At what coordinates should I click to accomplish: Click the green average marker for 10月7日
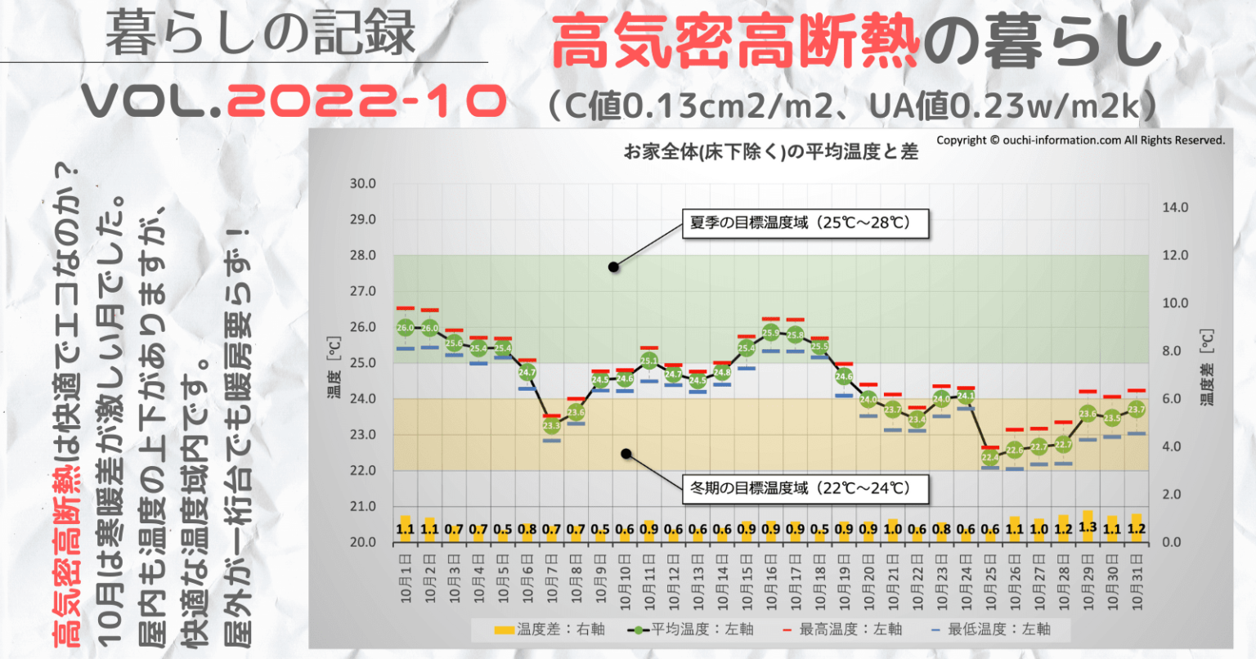(x=551, y=425)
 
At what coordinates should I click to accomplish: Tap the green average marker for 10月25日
(x=990, y=458)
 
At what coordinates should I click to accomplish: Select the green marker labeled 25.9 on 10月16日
(x=770, y=333)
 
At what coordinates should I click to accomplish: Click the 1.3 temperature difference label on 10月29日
(x=1088, y=527)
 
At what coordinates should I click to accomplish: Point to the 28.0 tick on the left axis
(x=363, y=256)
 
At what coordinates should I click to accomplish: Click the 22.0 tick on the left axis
(x=363, y=471)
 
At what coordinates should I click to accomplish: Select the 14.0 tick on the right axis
(x=1175, y=208)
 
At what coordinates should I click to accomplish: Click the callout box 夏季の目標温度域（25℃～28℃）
(x=805, y=222)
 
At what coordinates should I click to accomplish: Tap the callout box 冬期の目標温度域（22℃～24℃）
(x=805, y=489)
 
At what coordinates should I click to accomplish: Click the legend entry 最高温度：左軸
(x=841, y=629)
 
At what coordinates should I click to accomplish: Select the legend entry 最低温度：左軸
(x=990, y=629)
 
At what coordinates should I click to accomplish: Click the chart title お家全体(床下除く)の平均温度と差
(x=770, y=151)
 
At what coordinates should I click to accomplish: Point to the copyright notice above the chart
(x=1080, y=141)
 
